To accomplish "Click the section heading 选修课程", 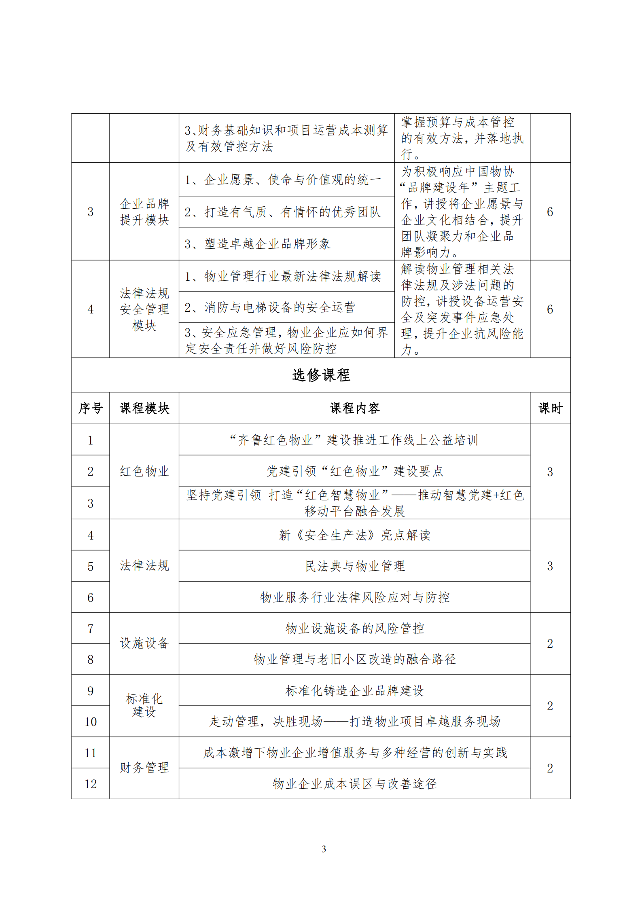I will (321, 375).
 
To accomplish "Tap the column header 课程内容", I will (354, 408).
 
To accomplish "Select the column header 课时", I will (550, 408).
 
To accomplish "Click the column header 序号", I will (90, 408).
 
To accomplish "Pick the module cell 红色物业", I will (144, 471).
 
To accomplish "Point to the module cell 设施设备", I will (144, 643).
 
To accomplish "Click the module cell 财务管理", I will (144, 767).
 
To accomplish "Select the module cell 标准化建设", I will (144, 705).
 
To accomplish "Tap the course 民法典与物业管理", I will (354, 566).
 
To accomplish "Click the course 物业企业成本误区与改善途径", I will (354, 783).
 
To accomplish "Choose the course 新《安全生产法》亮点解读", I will (354, 535).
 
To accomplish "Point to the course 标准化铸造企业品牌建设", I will (354, 690).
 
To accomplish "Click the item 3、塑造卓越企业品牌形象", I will (257, 243).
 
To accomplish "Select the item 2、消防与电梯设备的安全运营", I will (270, 307).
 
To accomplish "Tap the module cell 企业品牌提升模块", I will (144, 212).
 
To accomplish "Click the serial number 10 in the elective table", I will (90, 722).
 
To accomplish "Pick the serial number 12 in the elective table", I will (90, 784).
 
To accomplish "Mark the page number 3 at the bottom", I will (324, 849).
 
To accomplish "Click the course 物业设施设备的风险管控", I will (354, 628).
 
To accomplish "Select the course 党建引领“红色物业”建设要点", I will (354, 471).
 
